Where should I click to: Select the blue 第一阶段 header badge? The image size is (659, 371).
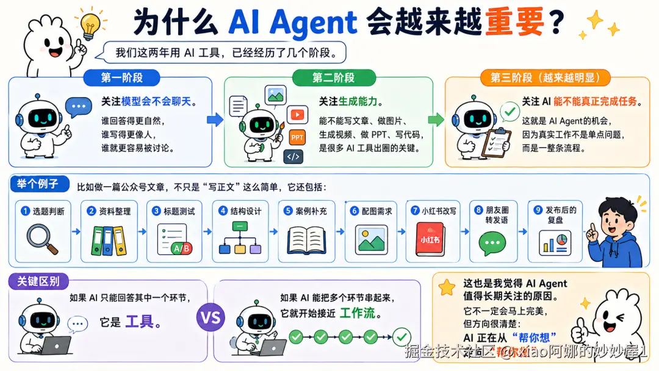122,77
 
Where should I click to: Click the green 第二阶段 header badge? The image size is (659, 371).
333,77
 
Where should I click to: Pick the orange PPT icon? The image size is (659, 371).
297,137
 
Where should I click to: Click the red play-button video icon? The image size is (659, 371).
297,114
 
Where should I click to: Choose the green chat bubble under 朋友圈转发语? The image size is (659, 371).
492,243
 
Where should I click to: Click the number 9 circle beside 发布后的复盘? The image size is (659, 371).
538,211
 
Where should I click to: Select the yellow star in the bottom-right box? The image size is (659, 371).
447,287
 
